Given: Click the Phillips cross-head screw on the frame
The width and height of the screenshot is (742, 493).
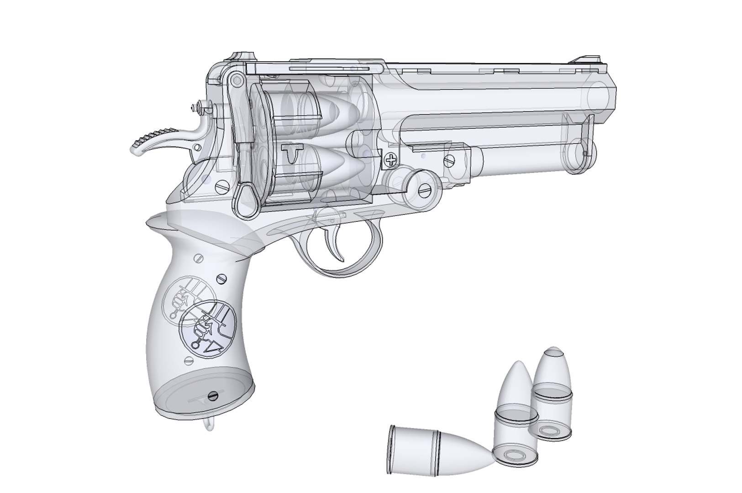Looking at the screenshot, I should [391, 159].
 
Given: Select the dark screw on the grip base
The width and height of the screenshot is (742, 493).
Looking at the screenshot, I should [212, 395].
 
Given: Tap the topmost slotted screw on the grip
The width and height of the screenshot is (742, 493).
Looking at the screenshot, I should [197, 258].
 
